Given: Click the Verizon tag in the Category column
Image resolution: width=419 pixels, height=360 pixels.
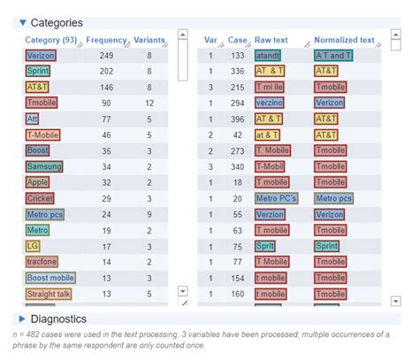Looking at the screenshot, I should click(x=42, y=56).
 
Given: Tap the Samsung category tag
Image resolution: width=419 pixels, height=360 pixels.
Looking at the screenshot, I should click(x=44, y=166).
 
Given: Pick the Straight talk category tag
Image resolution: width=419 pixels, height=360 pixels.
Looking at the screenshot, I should click(x=49, y=294).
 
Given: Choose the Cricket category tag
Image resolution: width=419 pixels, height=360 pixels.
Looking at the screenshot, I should click(x=41, y=198).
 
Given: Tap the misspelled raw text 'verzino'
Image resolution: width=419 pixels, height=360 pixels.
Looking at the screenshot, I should click(x=270, y=103).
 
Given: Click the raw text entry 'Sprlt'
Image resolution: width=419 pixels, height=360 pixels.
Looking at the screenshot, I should click(x=265, y=246).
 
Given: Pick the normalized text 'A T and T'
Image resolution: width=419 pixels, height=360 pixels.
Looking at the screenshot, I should click(x=333, y=56).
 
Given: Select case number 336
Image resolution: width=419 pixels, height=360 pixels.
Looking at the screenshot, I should click(x=236, y=72).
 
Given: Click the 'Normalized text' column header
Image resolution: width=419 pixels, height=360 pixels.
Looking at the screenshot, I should click(x=344, y=40).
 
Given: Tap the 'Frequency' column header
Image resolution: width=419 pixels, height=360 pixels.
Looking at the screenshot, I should click(x=106, y=40).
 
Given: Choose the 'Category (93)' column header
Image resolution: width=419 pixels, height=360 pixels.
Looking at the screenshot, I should click(x=51, y=40).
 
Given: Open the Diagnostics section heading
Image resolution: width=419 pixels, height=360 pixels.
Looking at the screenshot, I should click(x=57, y=318).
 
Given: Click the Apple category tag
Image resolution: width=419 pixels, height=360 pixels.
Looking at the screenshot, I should click(x=37, y=182).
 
